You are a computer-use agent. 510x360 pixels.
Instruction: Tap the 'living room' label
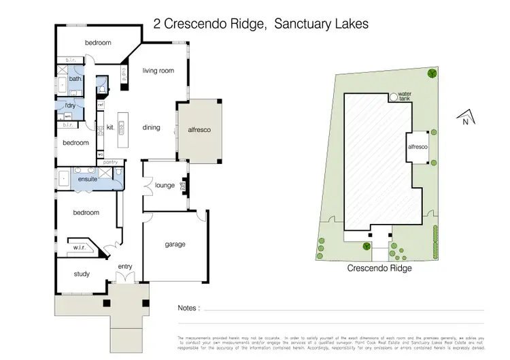(158, 70)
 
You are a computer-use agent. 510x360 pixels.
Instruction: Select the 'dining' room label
(151, 127)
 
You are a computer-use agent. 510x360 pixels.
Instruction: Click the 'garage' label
(175, 244)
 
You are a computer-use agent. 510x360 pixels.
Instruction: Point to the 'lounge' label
(165, 185)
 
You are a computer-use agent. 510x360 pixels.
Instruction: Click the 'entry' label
(125, 266)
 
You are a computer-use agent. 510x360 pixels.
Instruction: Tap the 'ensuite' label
(88, 180)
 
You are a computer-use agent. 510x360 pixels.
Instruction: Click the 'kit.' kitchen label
(109, 127)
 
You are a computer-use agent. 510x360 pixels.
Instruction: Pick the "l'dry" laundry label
(69, 105)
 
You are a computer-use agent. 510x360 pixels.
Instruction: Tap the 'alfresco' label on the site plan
(417, 146)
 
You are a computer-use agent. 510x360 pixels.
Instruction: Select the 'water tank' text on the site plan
(405, 96)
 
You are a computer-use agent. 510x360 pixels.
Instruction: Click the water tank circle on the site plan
(393, 97)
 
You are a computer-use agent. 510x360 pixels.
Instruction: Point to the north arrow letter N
(465, 122)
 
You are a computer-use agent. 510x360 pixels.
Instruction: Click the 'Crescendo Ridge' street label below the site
(380, 267)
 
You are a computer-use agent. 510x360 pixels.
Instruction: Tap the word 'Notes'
(188, 308)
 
